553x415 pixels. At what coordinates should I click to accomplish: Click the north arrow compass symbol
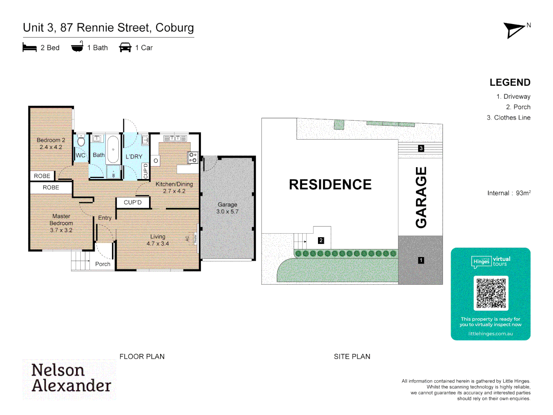pos(514,30)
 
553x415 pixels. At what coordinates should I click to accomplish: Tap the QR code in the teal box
pos(491,293)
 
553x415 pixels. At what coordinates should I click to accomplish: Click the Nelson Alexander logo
pos(70,379)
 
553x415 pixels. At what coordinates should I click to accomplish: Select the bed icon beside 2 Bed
pos(30,48)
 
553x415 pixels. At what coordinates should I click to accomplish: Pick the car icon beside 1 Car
pos(125,48)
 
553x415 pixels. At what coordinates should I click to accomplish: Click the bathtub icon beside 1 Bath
pos(77,47)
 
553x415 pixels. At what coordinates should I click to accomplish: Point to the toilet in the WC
pos(81,141)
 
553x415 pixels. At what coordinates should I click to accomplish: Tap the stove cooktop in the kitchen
pos(193,158)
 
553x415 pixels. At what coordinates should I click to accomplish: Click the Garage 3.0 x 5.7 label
pos(227,208)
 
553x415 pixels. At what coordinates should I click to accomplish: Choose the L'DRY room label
pos(134,156)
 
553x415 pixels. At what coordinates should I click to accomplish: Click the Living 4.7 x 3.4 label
pos(157,240)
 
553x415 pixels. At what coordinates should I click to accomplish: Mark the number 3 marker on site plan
pos(421,148)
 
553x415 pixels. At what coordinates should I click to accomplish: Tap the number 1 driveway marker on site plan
pos(421,261)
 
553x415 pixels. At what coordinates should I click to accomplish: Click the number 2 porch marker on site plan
pos(321,241)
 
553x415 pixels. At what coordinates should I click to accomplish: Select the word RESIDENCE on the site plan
pos(330,184)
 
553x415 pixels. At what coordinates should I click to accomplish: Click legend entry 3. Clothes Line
pos(508,118)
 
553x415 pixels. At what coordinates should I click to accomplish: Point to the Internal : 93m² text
pos(508,193)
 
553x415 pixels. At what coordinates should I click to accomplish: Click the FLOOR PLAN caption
pos(142,357)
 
